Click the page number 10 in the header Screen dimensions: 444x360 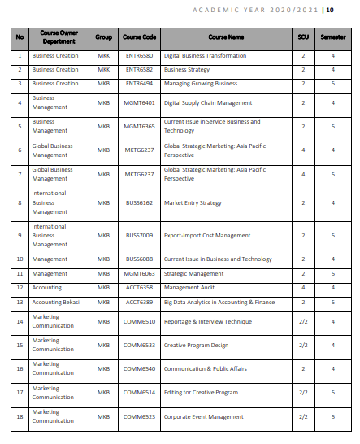click(x=329, y=10)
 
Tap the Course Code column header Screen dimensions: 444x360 click(x=139, y=37)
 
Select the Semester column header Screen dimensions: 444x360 click(x=332, y=37)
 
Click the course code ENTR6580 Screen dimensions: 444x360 click(x=139, y=56)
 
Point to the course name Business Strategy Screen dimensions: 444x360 click(x=187, y=70)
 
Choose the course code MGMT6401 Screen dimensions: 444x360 click(x=139, y=103)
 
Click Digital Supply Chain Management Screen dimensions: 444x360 click(x=208, y=103)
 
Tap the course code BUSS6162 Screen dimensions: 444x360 click(x=139, y=202)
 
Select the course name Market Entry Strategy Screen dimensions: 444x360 click(x=193, y=202)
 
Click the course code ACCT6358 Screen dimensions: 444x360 click(x=139, y=288)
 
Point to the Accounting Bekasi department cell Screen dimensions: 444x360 click(x=56, y=302)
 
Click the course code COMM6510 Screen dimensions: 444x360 click(x=139, y=321)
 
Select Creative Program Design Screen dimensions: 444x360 click(x=196, y=345)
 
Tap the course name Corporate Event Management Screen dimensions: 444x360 click(x=203, y=416)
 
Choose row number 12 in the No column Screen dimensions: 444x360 click(x=19, y=288)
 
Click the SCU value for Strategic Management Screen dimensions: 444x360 click(x=302, y=274)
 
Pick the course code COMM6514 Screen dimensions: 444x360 click(x=139, y=392)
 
